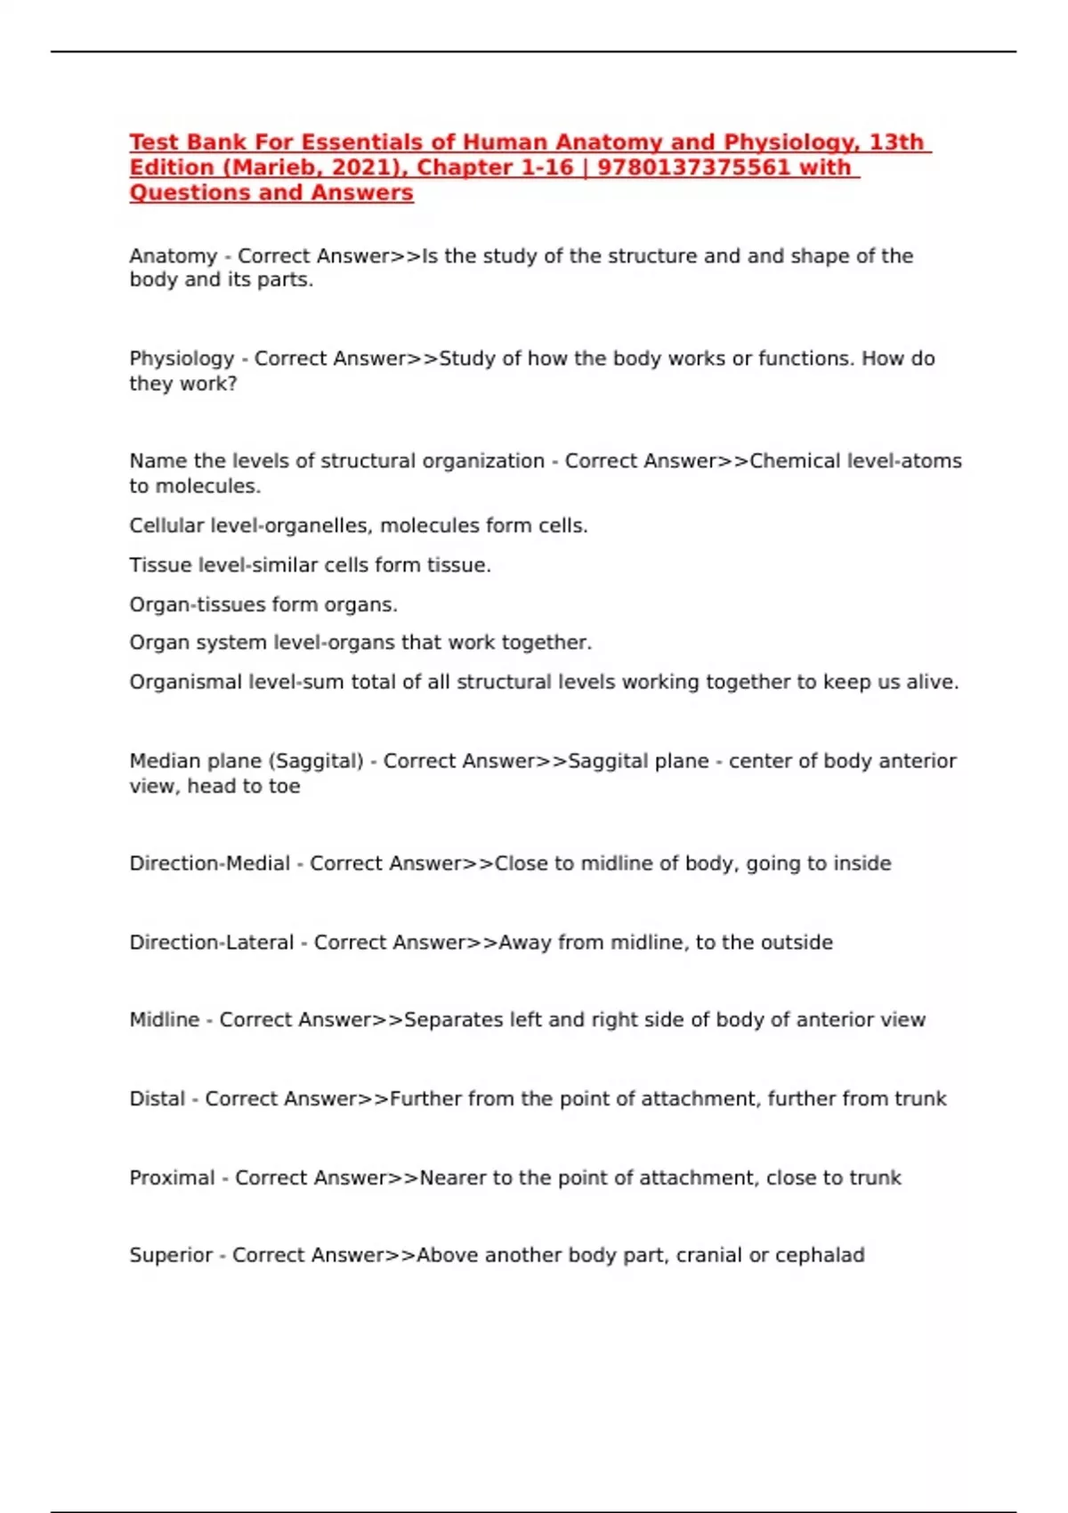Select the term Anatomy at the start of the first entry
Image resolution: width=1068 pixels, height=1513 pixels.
click(173, 256)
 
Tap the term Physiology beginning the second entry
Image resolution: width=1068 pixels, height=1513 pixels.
click(182, 359)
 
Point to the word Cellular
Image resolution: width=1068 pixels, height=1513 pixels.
click(166, 526)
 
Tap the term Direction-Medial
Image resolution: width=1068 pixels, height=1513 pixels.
click(209, 863)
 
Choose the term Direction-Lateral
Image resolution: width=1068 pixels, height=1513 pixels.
click(211, 943)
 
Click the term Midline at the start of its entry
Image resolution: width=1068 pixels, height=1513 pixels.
click(164, 1020)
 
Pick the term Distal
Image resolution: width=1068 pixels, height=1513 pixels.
click(157, 1099)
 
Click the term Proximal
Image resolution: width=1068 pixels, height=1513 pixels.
click(172, 1178)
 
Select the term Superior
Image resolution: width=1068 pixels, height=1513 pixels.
click(171, 1256)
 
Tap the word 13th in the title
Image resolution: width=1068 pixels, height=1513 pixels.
click(896, 142)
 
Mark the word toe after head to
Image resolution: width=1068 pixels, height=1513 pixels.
click(284, 787)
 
